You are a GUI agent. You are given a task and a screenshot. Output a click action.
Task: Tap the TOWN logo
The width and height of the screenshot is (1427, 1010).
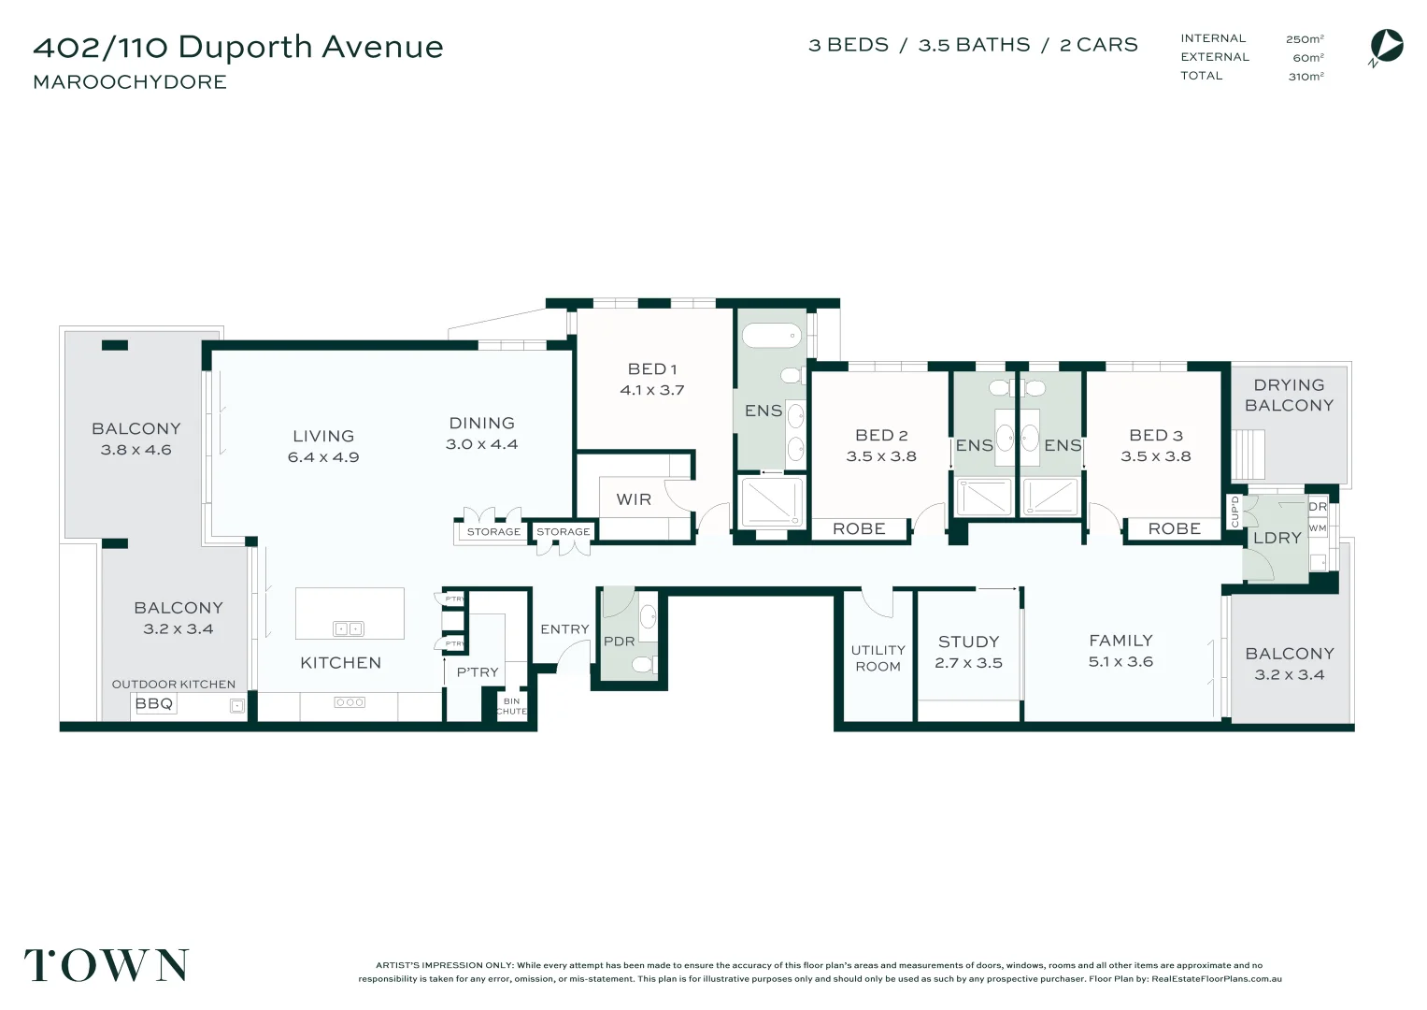tap(107, 965)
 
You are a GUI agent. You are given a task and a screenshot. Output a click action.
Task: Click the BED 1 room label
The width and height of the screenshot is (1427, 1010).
tap(652, 369)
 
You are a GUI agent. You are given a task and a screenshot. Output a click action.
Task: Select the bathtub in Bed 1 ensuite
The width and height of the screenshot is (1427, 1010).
tap(771, 335)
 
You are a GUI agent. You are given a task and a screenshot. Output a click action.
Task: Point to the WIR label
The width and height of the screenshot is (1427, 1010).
tap(634, 499)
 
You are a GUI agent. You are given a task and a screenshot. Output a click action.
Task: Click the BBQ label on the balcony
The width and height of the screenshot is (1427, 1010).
tap(154, 703)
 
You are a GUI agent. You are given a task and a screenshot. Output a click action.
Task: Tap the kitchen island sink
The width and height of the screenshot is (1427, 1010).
tap(349, 628)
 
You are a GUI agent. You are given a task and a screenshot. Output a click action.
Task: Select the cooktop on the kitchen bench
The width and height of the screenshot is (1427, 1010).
tap(350, 702)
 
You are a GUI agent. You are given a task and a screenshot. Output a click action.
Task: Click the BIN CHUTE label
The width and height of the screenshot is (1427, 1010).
tap(511, 706)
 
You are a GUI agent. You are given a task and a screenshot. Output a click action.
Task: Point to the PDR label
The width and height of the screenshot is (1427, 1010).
tap(619, 642)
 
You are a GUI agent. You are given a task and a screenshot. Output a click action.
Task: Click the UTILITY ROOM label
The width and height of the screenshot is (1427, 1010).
tap(878, 658)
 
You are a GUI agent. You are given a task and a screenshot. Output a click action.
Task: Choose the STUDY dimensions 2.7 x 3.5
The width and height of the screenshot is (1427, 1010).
tap(968, 663)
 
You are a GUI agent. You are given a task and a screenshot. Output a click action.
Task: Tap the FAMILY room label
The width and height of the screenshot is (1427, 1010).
tap(1120, 641)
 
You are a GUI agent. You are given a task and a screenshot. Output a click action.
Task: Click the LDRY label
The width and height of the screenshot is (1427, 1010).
tap(1277, 538)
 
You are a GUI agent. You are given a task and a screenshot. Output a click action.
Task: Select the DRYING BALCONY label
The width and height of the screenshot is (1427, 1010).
tap(1289, 395)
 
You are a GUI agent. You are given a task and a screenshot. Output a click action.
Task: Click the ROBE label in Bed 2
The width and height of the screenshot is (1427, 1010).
tap(859, 529)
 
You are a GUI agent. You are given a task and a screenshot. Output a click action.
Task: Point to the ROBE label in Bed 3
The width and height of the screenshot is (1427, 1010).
tap(1174, 529)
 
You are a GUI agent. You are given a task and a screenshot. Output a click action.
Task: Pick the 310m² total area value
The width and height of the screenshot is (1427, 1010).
tap(1306, 77)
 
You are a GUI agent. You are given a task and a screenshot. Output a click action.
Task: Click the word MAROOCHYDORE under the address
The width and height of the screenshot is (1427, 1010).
tap(130, 82)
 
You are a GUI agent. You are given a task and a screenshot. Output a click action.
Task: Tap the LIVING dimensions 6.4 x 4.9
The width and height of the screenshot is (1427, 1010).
tap(323, 457)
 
